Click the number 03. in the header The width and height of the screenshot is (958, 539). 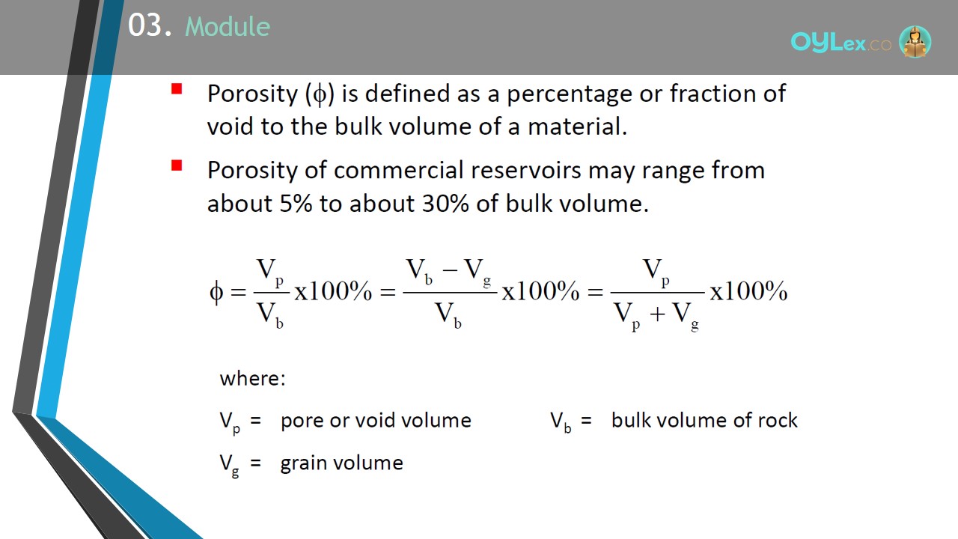pyautogui.click(x=150, y=25)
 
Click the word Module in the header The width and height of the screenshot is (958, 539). pyautogui.click(x=228, y=26)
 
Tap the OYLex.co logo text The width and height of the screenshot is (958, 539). pyautogui.click(x=840, y=43)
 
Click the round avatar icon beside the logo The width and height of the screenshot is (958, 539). pyautogui.click(x=915, y=41)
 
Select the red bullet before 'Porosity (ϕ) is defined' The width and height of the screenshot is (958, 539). pyautogui.click(x=177, y=88)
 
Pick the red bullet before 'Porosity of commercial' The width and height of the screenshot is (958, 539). pyautogui.click(x=177, y=165)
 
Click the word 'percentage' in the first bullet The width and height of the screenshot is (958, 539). pyautogui.click(x=570, y=94)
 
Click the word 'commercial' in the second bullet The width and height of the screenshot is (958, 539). pyautogui.click(x=399, y=170)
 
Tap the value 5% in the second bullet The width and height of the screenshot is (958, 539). pyautogui.click(x=296, y=203)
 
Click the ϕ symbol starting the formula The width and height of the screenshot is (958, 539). pyautogui.click(x=216, y=293)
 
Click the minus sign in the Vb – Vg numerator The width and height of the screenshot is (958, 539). pyautogui.click(x=450, y=270)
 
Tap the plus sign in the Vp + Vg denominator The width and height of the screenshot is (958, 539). pyautogui.click(x=657, y=314)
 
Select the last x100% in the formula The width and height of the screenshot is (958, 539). pyautogui.click(x=748, y=291)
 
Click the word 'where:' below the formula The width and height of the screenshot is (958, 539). pyautogui.click(x=252, y=379)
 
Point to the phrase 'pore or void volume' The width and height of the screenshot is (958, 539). pyautogui.click(x=376, y=421)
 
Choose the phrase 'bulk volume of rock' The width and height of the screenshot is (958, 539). pyautogui.click(x=704, y=420)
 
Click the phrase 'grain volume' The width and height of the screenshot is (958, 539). pyautogui.click(x=342, y=463)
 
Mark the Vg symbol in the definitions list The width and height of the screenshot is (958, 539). pyautogui.click(x=230, y=465)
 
